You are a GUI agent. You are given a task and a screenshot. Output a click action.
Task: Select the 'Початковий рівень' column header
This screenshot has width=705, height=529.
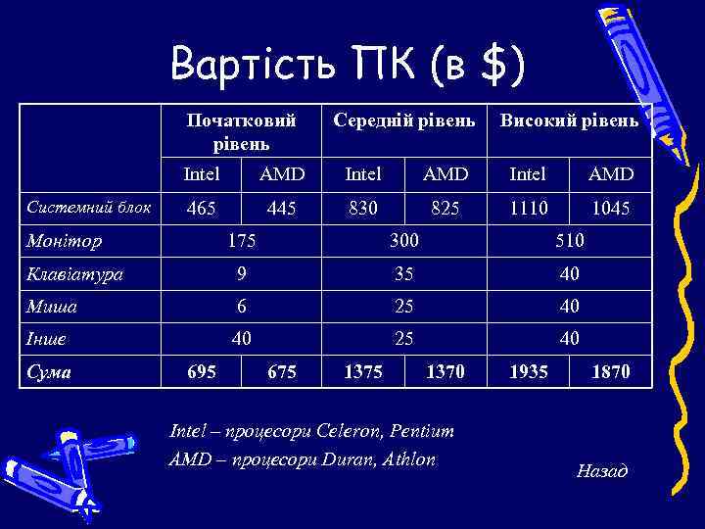241,131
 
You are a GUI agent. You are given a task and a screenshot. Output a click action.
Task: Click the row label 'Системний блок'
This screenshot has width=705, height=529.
89,208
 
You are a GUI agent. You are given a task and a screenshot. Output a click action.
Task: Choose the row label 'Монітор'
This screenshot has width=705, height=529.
66,240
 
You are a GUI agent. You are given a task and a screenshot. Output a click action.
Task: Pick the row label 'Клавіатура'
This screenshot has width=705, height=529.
75,273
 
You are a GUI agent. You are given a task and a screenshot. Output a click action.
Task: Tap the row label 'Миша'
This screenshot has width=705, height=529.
54,307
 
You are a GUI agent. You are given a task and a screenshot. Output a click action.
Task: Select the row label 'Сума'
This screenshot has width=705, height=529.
50,372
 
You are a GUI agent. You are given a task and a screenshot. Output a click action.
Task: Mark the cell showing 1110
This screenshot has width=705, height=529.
529,208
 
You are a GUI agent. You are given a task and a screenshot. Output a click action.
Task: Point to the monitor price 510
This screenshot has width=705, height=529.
569,240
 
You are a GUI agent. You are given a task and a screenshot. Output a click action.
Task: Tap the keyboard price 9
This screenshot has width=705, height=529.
241,273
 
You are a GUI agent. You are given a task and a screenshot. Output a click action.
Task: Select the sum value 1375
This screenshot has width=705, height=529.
363,372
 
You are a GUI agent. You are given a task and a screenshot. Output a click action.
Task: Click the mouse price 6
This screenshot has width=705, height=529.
241,307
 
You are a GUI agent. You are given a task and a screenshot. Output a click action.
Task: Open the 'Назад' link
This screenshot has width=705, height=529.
602,472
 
